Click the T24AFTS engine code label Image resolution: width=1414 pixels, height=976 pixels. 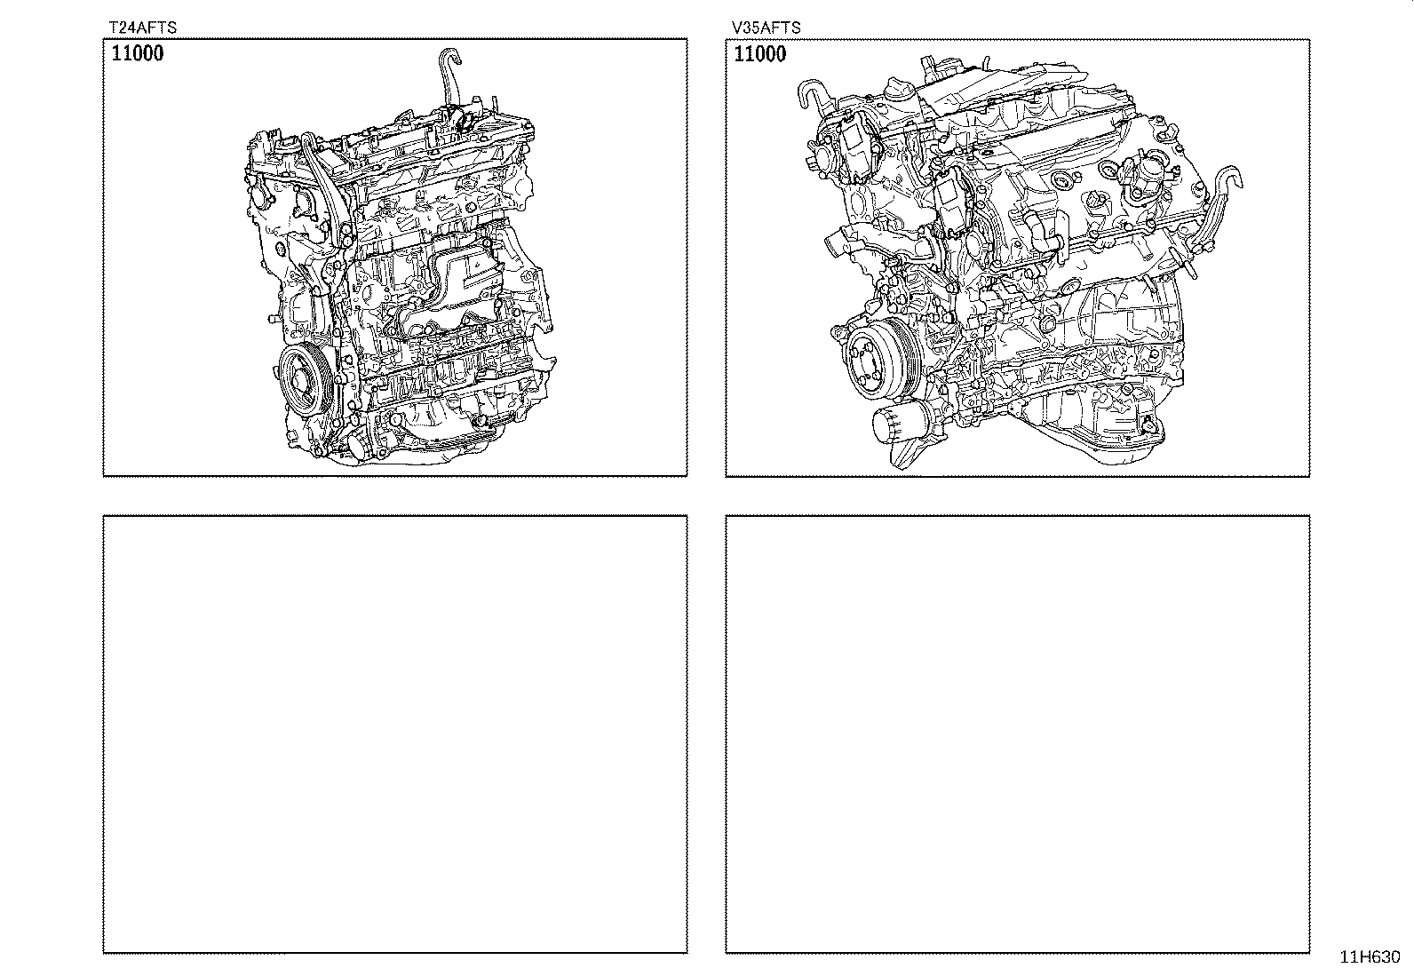click(x=143, y=28)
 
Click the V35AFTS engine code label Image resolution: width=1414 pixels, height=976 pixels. click(x=766, y=28)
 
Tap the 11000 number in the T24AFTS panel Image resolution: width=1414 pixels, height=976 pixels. click(x=137, y=53)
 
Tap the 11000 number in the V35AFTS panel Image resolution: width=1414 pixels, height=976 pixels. click(x=760, y=53)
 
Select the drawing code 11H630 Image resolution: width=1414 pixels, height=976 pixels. click(x=1370, y=956)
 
